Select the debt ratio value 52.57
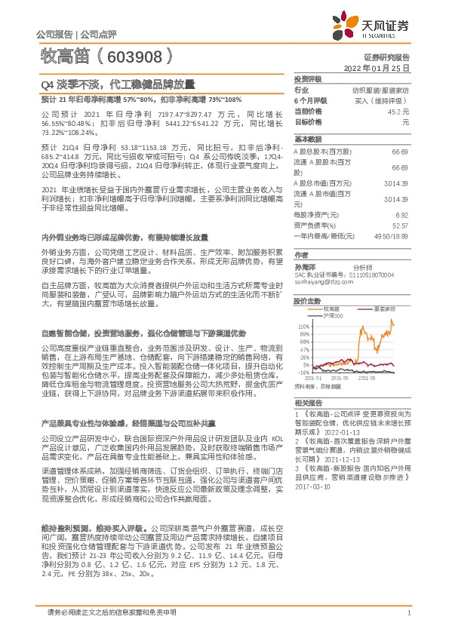tap(400, 225)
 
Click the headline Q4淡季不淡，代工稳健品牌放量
tap(117, 85)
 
